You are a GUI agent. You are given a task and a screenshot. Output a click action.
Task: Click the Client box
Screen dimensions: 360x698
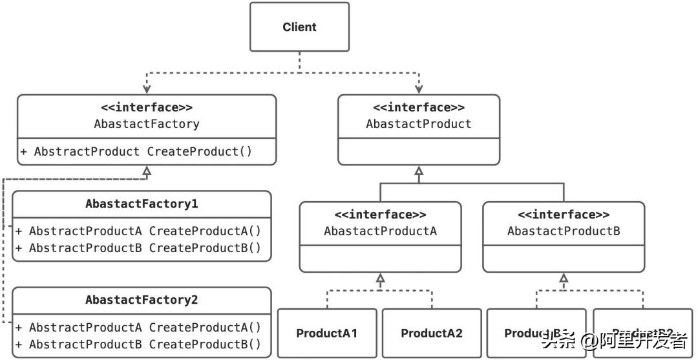[x=299, y=27]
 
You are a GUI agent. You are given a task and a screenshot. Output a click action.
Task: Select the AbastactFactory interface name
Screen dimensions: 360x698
[x=147, y=123]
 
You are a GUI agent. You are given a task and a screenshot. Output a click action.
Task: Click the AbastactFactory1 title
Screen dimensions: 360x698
[x=142, y=204]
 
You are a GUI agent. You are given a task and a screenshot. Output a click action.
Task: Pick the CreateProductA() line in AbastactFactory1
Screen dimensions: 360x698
[x=138, y=231]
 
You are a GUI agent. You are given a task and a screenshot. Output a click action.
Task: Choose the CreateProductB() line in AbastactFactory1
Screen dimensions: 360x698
[x=138, y=247]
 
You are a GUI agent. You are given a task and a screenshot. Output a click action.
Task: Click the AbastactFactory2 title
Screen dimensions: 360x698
[x=142, y=301]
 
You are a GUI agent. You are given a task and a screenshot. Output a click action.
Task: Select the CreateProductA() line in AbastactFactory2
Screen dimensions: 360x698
[x=138, y=327]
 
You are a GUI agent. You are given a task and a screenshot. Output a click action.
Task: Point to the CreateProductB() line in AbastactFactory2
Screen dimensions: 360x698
[x=138, y=344]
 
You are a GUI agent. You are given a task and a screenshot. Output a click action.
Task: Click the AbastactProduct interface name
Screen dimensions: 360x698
[x=419, y=123]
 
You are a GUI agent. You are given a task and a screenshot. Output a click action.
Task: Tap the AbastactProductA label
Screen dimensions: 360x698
[x=380, y=231]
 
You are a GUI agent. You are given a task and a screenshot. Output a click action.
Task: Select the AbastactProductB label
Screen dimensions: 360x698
[x=564, y=231]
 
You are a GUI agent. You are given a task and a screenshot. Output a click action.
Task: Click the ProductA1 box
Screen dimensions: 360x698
[x=327, y=334]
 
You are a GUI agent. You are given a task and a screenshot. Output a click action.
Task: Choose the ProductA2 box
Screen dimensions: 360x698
[x=432, y=334]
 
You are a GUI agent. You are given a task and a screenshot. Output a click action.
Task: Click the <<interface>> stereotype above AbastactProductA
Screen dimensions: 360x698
[x=380, y=215]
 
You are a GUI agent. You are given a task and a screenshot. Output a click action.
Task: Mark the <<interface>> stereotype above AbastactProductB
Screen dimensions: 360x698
[x=564, y=215]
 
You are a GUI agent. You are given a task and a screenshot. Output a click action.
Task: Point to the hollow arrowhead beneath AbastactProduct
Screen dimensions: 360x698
[x=419, y=171]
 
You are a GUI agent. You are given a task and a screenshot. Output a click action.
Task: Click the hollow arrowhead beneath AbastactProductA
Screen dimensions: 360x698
[x=380, y=278]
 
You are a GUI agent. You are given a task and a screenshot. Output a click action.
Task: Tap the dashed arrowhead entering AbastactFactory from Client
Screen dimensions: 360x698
[x=147, y=89]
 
